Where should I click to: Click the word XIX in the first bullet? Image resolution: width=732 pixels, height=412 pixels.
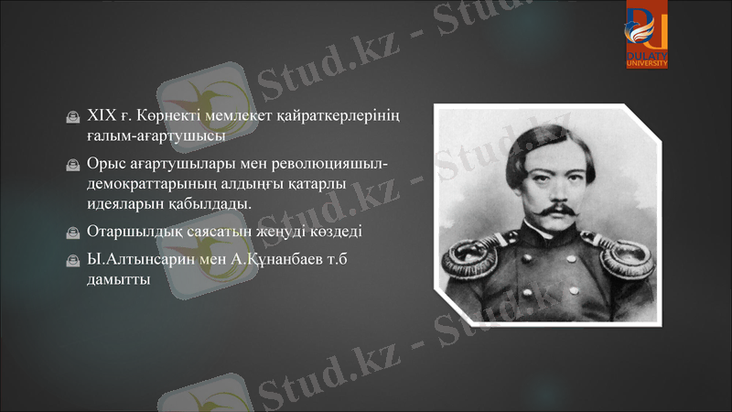coord(99,117)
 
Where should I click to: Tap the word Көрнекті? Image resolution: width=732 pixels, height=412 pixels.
coord(173,117)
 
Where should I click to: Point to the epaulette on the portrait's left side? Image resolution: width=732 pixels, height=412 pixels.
coord(472,265)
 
